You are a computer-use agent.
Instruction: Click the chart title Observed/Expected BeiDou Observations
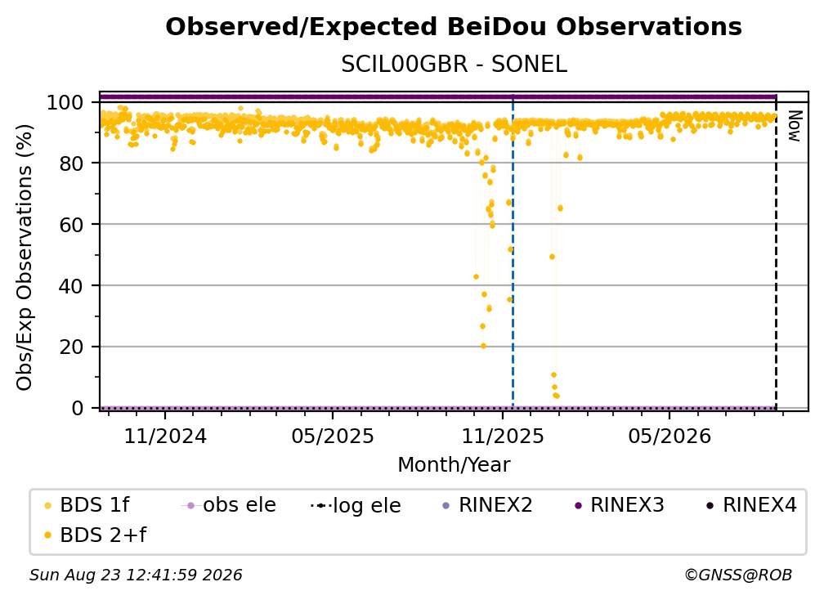(x=454, y=27)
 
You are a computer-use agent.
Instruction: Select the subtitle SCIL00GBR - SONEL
(x=454, y=64)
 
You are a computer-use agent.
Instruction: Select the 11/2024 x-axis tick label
(x=165, y=436)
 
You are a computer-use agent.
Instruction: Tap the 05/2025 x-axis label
(x=333, y=436)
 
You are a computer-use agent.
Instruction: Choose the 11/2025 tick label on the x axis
(x=503, y=436)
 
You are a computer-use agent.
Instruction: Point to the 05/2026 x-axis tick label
(x=669, y=436)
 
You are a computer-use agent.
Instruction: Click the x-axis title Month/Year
(x=454, y=464)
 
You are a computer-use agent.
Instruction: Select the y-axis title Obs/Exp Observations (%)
(x=25, y=257)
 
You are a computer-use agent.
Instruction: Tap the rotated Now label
(x=794, y=126)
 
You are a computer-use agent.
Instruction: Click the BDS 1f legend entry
(x=87, y=505)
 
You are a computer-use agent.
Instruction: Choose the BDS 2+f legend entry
(x=95, y=535)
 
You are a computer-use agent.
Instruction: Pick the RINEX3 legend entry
(x=620, y=505)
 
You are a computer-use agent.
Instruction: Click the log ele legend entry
(x=356, y=505)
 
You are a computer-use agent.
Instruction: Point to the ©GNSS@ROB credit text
(x=738, y=575)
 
